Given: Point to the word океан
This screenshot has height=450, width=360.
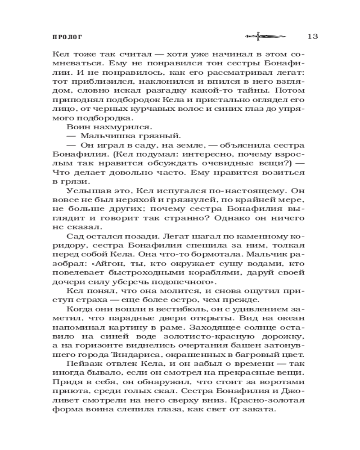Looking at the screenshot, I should (292, 320).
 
